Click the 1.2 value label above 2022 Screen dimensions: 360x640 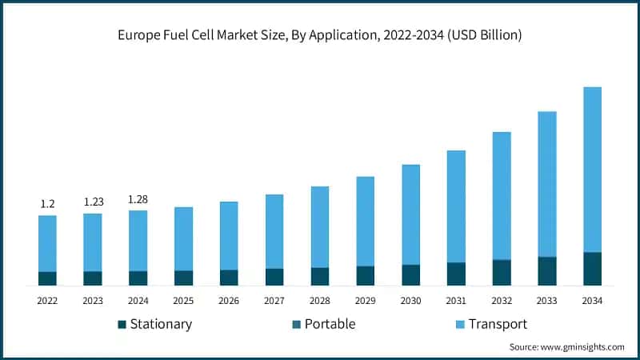47,205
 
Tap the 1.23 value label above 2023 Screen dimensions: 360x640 93,202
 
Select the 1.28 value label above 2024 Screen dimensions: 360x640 138,199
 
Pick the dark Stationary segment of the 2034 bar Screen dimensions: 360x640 592,269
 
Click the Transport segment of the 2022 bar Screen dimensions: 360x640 47,243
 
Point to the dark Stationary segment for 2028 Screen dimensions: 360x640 320,276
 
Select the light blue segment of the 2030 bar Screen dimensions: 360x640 410,214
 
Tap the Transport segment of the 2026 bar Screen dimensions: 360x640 229,235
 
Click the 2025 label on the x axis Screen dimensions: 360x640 183,301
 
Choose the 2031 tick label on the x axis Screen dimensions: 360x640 456,301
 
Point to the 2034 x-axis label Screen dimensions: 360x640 592,301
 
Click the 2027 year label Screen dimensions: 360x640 274,301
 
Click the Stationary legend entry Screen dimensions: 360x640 160,324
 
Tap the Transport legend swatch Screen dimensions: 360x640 459,325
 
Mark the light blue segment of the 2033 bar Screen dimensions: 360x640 547,184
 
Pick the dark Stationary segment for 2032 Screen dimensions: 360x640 502,273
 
